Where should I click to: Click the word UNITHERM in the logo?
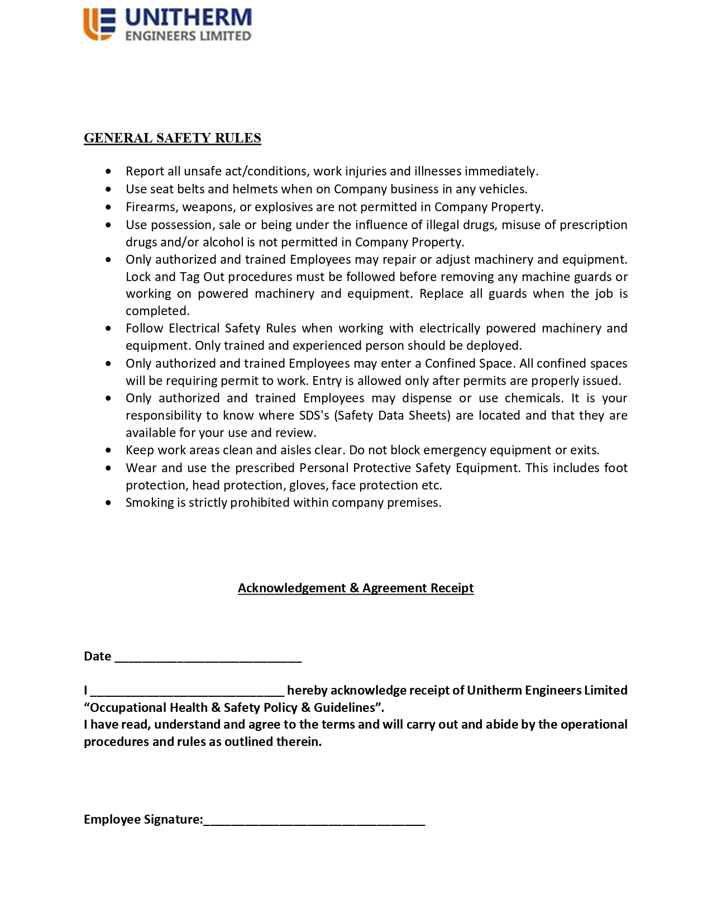(x=188, y=17)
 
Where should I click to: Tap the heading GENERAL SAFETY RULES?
(x=172, y=138)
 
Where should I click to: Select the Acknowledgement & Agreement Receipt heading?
(x=356, y=588)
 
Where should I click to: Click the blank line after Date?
(x=208, y=657)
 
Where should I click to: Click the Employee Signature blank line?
(x=314, y=820)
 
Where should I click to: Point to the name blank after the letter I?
(x=187, y=691)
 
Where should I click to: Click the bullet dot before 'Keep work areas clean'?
(x=108, y=450)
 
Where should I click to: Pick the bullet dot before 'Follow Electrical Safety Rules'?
(x=108, y=329)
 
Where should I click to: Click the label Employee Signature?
(x=143, y=819)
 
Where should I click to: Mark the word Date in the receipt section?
(x=97, y=656)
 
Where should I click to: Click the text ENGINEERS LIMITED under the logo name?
(x=188, y=36)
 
